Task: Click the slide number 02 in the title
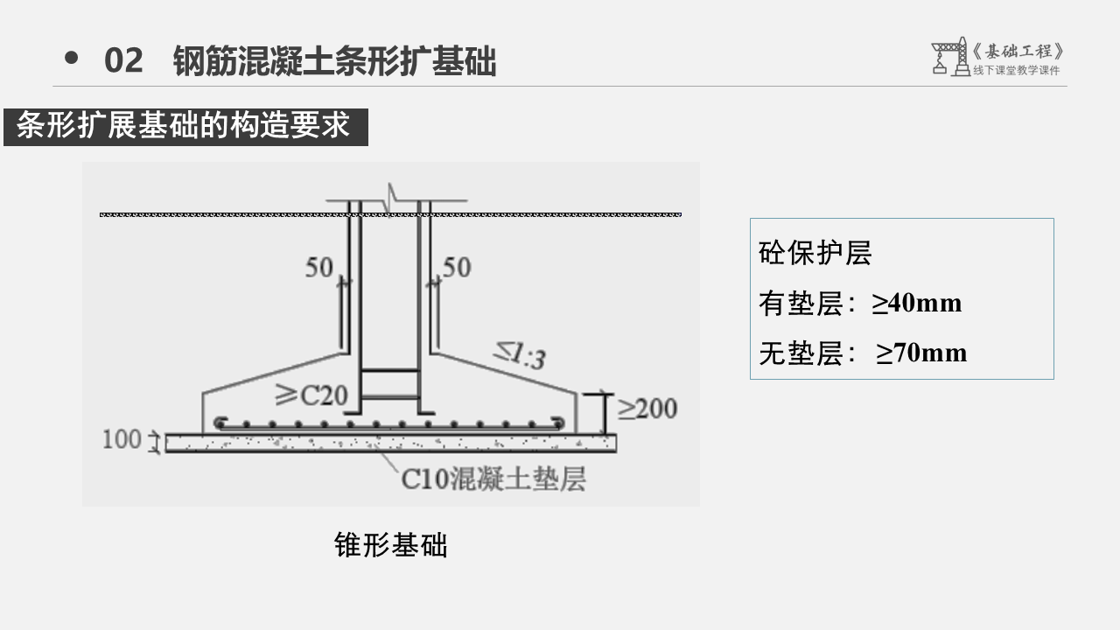tap(123, 61)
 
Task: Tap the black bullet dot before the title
tap(72, 59)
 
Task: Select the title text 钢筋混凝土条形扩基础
tap(334, 61)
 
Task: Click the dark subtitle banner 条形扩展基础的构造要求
tap(185, 127)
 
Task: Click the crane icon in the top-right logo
tap(949, 56)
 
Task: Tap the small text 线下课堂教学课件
tap(1016, 71)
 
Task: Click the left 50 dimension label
tap(318, 268)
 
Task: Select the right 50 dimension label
tap(456, 268)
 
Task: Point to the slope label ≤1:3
tap(519, 355)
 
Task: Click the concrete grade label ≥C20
tap(311, 396)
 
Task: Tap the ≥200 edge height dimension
tap(647, 408)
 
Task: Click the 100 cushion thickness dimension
tap(121, 438)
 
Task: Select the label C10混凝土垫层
tap(493, 479)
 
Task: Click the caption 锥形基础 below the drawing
tap(390, 545)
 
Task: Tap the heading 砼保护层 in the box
tap(815, 254)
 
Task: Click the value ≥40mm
tap(916, 304)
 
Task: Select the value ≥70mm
tap(921, 353)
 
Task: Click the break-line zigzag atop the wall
tap(393, 198)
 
